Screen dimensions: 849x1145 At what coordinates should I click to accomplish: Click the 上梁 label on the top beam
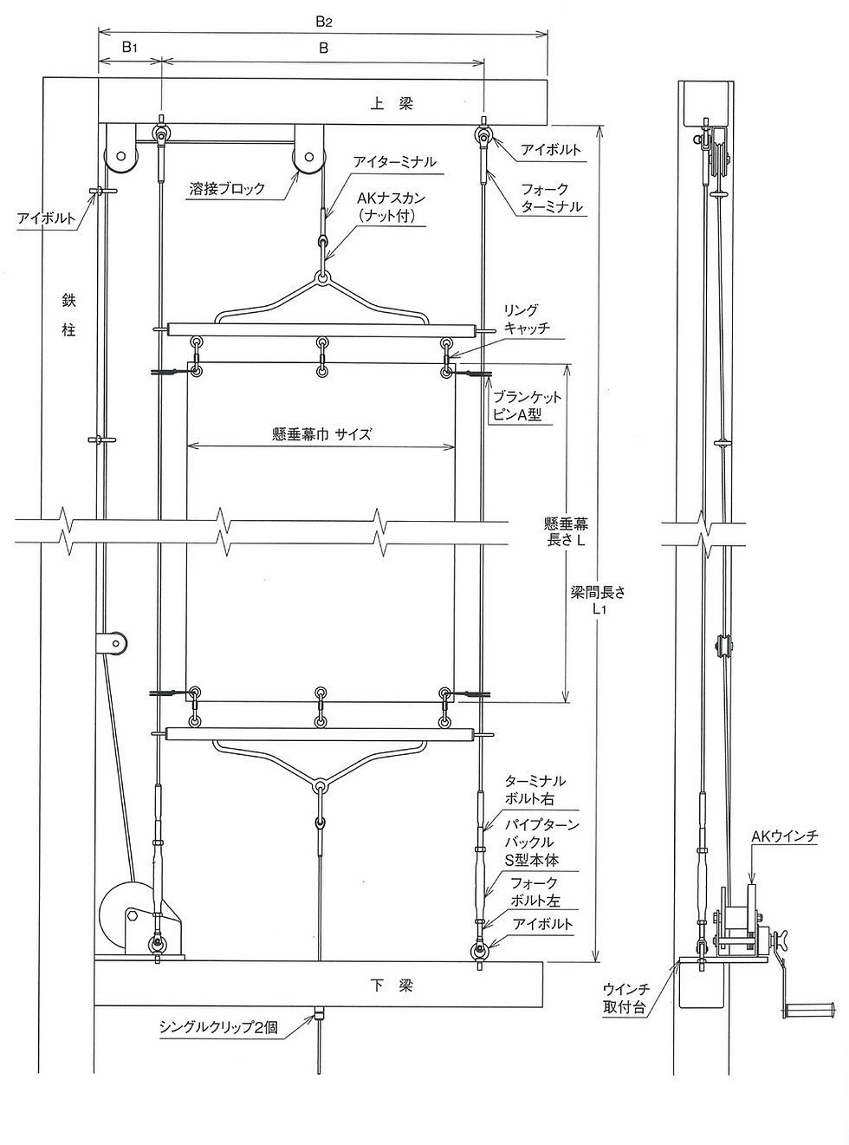coord(392,104)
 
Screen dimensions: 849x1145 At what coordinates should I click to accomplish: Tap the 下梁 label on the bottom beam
coord(392,986)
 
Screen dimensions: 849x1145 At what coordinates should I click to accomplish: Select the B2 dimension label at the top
coord(324,22)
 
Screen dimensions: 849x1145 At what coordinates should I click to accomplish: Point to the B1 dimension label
coord(130,48)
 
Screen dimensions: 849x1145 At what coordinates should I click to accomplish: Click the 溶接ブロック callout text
coord(227,189)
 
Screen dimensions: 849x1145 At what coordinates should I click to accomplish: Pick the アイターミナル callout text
coord(395,162)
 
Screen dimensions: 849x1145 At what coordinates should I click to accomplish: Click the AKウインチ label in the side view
coord(785,836)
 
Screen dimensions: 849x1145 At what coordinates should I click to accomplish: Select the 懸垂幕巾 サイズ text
coord(321,433)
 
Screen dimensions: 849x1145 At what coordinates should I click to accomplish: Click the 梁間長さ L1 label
coord(598,601)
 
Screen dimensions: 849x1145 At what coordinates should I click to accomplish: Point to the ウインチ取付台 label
coord(626,999)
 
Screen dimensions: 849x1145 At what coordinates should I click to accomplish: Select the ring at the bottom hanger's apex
coord(321,788)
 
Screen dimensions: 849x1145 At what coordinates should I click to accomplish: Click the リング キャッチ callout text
coord(527,318)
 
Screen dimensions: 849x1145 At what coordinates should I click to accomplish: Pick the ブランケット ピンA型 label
coord(527,406)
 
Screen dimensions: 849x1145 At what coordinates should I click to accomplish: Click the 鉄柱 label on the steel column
coord(68,315)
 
